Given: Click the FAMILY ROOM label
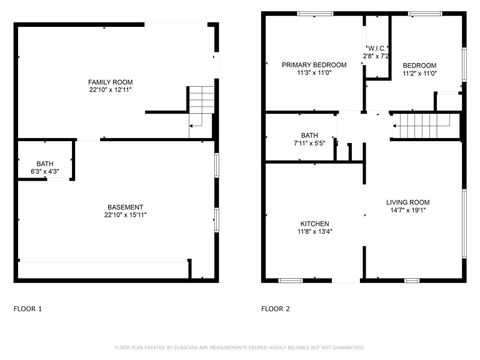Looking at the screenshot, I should (x=110, y=81).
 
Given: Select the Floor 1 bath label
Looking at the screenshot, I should (x=45, y=164).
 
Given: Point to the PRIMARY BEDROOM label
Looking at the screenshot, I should (x=313, y=65).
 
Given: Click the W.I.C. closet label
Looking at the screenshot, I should (x=377, y=48).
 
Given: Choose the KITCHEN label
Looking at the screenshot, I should (x=314, y=223).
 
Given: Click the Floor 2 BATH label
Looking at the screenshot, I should (x=309, y=135).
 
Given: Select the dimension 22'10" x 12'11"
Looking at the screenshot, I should (x=110, y=90).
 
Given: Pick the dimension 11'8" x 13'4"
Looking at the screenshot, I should (x=314, y=232).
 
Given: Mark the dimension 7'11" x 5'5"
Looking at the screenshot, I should (x=309, y=144).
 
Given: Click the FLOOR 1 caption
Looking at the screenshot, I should (x=28, y=309).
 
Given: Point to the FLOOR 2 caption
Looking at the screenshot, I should (x=275, y=309).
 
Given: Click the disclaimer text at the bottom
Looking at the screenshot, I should (x=239, y=347).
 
